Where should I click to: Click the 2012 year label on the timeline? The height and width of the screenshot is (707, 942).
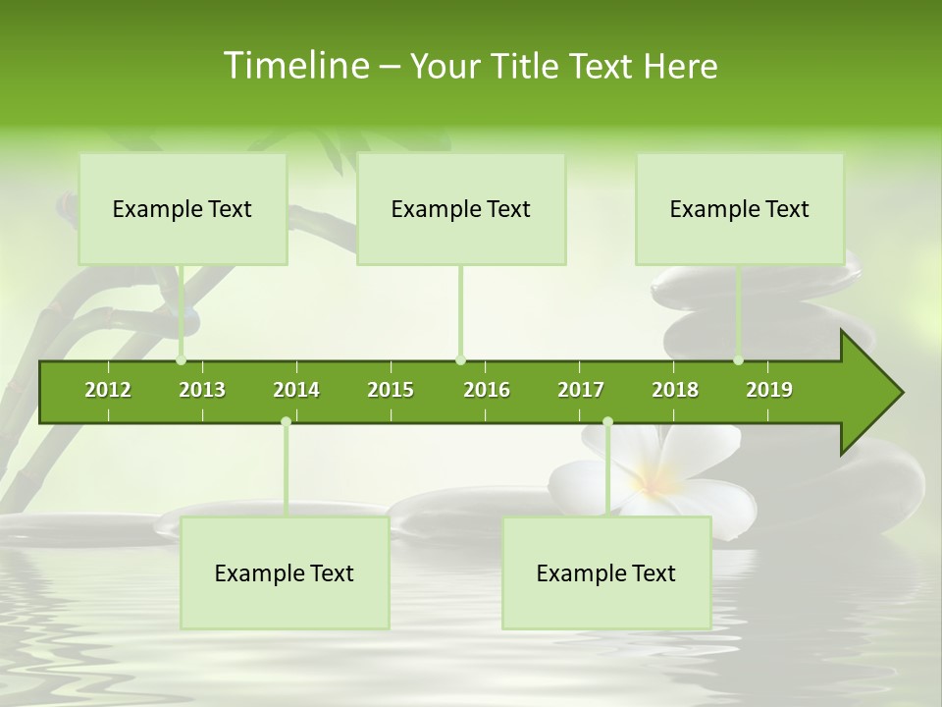tap(108, 390)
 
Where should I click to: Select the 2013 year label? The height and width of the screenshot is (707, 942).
tap(202, 390)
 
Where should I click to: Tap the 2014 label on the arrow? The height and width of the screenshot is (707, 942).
tap(296, 390)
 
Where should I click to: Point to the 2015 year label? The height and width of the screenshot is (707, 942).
tap(391, 390)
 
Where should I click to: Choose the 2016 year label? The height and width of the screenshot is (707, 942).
tap(487, 390)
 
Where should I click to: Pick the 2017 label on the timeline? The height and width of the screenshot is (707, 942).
tap(581, 390)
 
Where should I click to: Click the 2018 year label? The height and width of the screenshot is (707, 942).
tap(675, 390)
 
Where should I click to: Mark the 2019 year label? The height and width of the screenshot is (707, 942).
tap(769, 390)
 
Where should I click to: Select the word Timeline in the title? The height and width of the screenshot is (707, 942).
tap(294, 66)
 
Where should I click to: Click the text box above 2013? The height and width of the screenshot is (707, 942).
tap(183, 209)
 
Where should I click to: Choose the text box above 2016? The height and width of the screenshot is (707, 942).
tap(461, 209)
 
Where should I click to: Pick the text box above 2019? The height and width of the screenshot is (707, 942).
tap(740, 209)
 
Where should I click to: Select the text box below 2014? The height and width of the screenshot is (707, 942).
tap(285, 573)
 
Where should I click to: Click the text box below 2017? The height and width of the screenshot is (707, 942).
tap(606, 573)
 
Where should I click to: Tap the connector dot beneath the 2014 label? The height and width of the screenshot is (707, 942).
tap(286, 422)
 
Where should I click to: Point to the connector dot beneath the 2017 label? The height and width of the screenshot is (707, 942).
tap(607, 422)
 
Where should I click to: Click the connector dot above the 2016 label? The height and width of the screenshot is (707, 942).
tap(460, 360)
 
